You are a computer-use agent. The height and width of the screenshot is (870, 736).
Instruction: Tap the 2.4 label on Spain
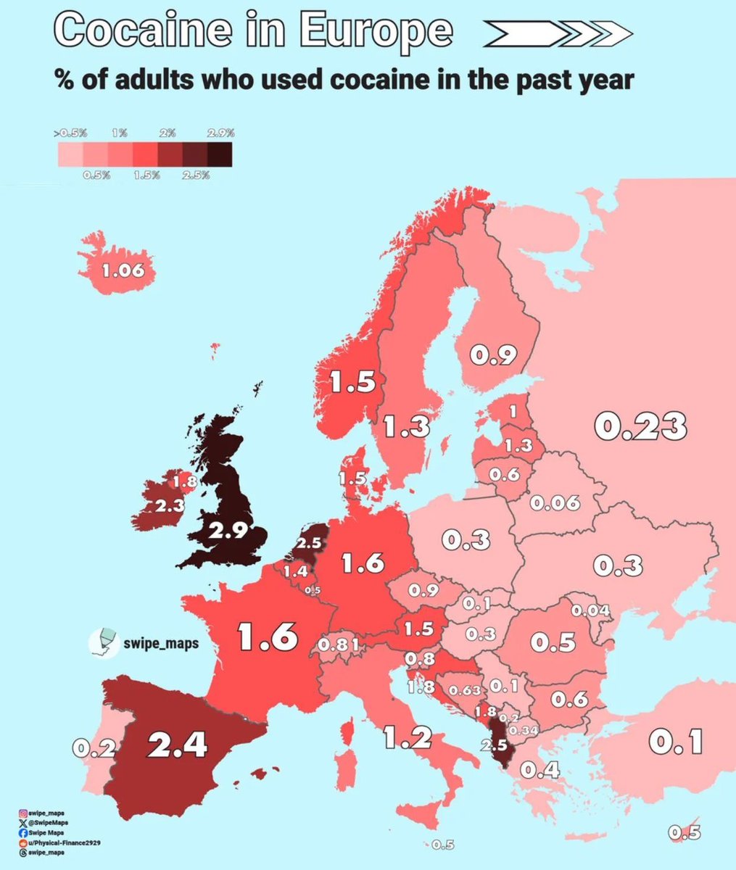pos(177,745)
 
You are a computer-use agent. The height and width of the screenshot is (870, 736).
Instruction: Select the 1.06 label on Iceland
pos(123,272)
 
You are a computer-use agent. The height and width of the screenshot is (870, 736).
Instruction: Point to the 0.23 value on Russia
pos(640,426)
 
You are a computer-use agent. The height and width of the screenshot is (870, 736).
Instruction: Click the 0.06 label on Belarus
pos(555,502)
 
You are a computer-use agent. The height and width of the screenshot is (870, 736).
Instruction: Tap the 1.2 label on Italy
pos(407,738)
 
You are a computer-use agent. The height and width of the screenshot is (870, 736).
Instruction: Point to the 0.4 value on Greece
pos(541,770)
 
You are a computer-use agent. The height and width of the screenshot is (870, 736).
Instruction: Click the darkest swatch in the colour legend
pos(220,154)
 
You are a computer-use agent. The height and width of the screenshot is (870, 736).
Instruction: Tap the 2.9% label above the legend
pos(220,133)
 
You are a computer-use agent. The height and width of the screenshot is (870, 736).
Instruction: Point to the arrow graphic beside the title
pos(558,33)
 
